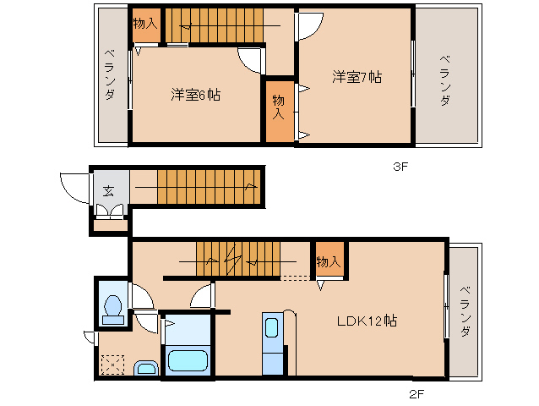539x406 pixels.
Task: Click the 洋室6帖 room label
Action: point(196,95)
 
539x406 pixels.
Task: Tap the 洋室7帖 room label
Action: point(356,77)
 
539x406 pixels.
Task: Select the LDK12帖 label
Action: point(367,321)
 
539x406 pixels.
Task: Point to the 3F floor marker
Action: point(400,167)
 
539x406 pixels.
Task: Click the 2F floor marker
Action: point(415,394)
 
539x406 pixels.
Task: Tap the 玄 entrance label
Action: point(109,189)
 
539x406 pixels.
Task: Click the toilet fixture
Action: point(111,309)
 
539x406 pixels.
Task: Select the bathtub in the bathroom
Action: point(188,359)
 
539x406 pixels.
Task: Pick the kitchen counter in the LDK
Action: point(273,343)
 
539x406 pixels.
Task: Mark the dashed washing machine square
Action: point(112,365)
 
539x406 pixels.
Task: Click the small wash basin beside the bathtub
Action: point(146,368)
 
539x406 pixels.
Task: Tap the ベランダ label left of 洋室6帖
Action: point(110,76)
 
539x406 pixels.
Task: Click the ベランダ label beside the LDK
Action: point(465,313)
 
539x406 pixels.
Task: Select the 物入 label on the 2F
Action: point(329,261)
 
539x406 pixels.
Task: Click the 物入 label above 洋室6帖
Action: point(145,24)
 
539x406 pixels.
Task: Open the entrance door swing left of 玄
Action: point(74,188)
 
